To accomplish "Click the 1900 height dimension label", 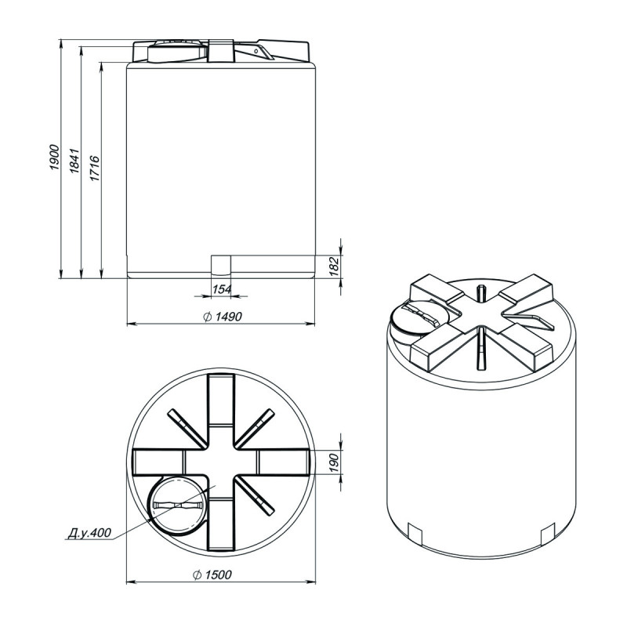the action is [x=54, y=158].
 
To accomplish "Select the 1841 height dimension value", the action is [x=74, y=161].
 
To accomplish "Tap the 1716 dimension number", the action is [x=95, y=168].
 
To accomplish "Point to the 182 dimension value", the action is [x=334, y=266].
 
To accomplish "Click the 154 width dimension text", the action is [x=222, y=289].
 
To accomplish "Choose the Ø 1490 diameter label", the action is [x=223, y=317].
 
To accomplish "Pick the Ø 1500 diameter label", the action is [x=212, y=574].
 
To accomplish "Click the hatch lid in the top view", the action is [x=177, y=506].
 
